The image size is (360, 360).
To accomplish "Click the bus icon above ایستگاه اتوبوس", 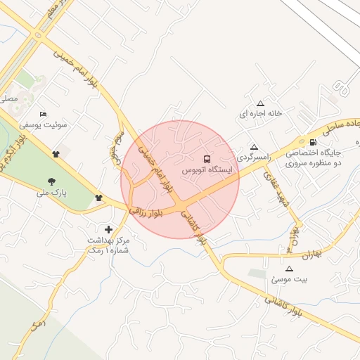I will click(x=207, y=159).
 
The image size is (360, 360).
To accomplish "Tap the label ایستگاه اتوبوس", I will click(x=207, y=170).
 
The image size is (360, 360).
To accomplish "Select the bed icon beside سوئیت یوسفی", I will click(x=44, y=114).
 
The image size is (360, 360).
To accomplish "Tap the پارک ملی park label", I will click(x=51, y=191).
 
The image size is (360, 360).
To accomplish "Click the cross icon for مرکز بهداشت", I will click(x=108, y=229).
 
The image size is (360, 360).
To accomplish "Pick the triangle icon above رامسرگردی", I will click(x=254, y=147).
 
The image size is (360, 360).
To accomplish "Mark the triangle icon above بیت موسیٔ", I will click(x=289, y=269).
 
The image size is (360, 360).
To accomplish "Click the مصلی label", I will click(x=8, y=99).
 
